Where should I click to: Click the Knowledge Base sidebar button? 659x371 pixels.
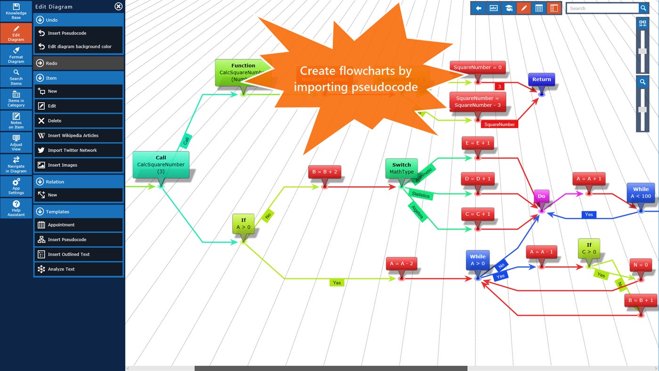click(16, 11)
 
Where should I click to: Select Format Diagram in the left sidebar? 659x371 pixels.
click(16, 55)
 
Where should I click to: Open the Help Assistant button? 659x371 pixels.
click(16, 208)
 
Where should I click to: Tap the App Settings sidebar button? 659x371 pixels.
click(16, 187)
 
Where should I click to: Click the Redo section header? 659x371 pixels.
click(78, 63)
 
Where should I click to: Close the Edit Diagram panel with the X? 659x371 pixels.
click(118, 7)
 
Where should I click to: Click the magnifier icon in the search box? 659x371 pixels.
click(643, 8)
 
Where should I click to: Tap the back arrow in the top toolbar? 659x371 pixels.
click(479, 8)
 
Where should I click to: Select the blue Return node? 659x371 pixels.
click(541, 80)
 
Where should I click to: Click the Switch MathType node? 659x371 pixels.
click(401, 168)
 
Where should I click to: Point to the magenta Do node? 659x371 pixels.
click(541, 196)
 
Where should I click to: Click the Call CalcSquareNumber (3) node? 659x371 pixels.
click(161, 165)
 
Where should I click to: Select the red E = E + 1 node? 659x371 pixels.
click(478, 143)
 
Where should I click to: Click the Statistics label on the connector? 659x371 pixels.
click(421, 195)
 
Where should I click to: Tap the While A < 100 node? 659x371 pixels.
click(641, 193)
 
